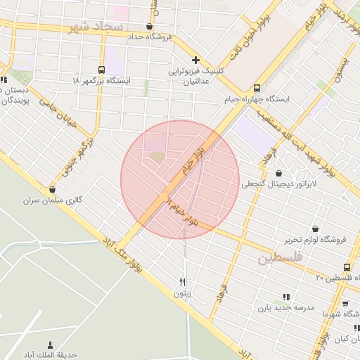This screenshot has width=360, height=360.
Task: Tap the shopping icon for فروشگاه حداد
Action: (149, 26)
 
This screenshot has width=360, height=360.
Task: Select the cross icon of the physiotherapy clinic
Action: (196, 60)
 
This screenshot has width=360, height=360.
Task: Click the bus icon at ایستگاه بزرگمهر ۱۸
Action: (102, 70)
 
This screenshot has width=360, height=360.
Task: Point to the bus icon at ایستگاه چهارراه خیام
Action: (257, 89)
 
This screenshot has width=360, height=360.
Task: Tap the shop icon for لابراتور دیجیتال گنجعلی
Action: (279, 173)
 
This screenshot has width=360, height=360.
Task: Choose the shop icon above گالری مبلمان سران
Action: (52, 190)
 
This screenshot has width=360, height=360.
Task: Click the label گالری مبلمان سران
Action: (53, 201)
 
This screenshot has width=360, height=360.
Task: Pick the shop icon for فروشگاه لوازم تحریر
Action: (314, 229)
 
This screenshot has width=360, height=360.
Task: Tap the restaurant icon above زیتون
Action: (183, 282)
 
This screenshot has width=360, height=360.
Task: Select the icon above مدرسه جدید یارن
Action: (285, 296)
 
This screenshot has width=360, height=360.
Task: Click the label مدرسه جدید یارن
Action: (282, 307)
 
